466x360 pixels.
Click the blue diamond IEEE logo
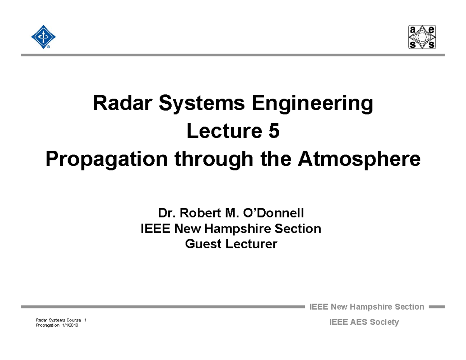(43, 37)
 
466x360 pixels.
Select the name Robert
(201, 213)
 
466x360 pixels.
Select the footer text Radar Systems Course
(58, 320)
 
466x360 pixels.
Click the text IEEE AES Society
(364, 322)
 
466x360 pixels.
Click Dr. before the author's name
(165, 213)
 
